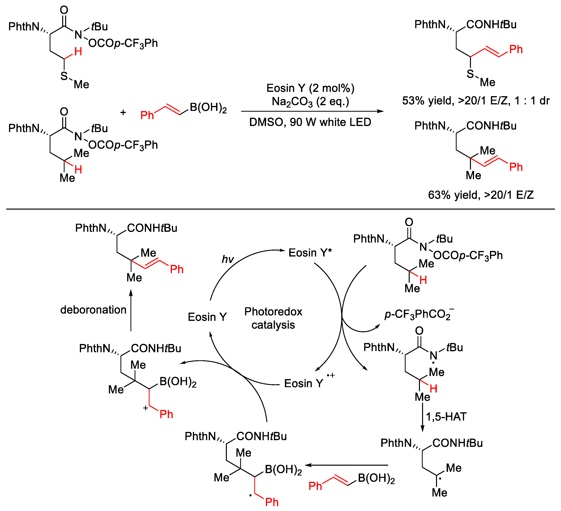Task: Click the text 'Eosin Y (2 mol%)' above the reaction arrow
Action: click(310, 88)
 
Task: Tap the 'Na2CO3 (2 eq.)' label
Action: click(310, 102)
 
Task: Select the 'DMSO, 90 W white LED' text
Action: click(310, 122)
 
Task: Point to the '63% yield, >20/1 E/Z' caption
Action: click(481, 195)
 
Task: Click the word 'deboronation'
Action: click(93, 310)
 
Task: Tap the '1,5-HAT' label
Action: click(446, 417)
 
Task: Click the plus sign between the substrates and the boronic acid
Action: click(123, 112)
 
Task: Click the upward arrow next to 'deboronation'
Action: click(131, 310)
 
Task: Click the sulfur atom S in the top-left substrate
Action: click(64, 76)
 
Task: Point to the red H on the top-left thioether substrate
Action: click(78, 51)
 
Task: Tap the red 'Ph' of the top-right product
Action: click(516, 49)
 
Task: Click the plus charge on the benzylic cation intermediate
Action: click(145, 408)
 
